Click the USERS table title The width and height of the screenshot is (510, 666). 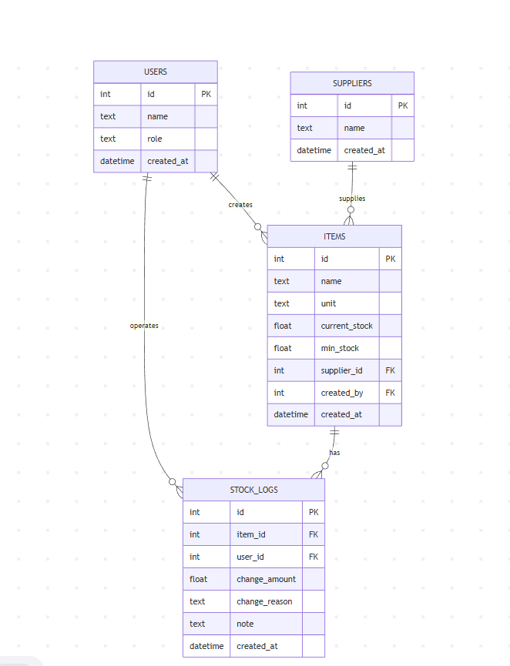tap(156, 72)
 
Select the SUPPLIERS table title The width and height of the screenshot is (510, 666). tap(352, 83)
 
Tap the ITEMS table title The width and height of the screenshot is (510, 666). tap(334, 236)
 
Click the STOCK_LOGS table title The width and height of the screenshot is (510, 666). tap(253, 490)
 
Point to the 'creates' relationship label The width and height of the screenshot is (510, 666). tap(240, 205)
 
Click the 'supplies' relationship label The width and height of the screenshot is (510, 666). tap(352, 199)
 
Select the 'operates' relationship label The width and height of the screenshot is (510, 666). tap(144, 326)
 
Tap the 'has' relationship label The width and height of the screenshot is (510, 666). tap(334, 453)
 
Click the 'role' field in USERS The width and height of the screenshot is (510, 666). tap(155, 139)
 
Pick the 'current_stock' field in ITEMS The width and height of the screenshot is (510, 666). tap(347, 326)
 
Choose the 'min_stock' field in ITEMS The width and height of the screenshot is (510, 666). tap(340, 348)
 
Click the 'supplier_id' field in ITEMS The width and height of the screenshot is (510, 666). tap(342, 370)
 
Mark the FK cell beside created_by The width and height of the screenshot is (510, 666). tap(390, 393)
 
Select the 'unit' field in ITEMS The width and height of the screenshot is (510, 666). tap(328, 303)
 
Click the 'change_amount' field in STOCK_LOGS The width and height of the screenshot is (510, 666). tap(266, 579)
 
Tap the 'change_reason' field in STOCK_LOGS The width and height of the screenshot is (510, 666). tap(264, 601)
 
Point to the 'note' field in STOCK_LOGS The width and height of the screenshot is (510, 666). tap(245, 624)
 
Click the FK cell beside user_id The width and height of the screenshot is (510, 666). tap(314, 557)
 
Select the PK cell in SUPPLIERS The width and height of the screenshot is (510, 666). tap(403, 105)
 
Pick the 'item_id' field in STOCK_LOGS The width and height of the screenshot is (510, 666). tap(250, 535)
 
